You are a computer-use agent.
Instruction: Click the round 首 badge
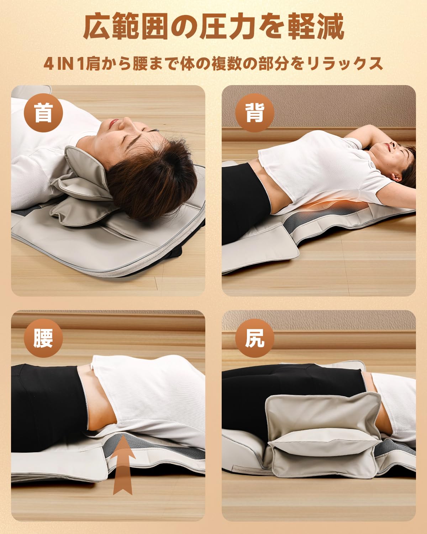pos(43,113)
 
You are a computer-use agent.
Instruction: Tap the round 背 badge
pos(255,113)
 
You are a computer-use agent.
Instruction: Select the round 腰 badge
pos(43,338)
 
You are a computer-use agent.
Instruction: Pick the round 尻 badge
pos(255,338)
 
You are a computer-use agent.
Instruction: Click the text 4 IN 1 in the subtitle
pos(64,64)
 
